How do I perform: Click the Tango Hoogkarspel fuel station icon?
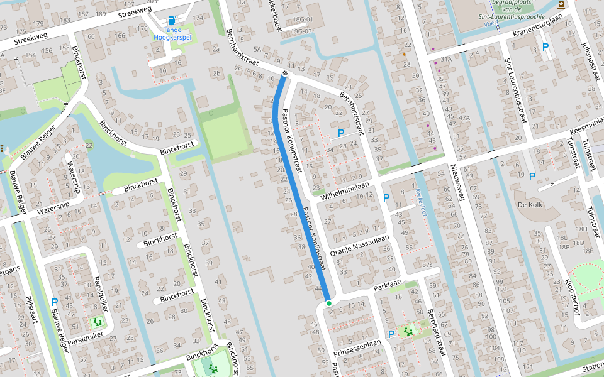click(x=172, y=19)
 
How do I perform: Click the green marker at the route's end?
click(x=328, y=303)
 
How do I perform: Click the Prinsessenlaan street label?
click(x=358, y=346)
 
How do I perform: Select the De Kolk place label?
click(x=530, y=205)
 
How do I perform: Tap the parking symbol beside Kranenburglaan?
click(x=545, y=47)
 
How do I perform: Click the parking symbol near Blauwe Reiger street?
click(x=54, y=302)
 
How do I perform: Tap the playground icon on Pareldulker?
click(x=97, y=322)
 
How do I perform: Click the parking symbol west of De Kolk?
click(x=532, y=177)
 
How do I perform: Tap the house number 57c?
click(x=430, y=265)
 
